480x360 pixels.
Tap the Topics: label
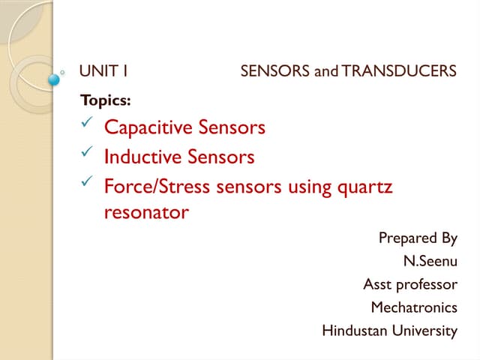pos(100,100)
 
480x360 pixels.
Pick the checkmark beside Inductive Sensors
pos(86,154)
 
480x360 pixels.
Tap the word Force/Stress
pos(157,185)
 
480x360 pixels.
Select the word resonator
pos(146,213)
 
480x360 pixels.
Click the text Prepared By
pos(418,238)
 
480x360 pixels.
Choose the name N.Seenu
pos(430,262)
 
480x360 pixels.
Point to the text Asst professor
pos(409,284)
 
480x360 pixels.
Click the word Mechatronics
pos(413,307)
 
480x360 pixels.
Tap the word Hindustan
pos(355,330)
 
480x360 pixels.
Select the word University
pos(425,330)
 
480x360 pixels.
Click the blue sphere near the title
pos(54,79)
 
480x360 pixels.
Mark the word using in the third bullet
pos(309,185)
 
